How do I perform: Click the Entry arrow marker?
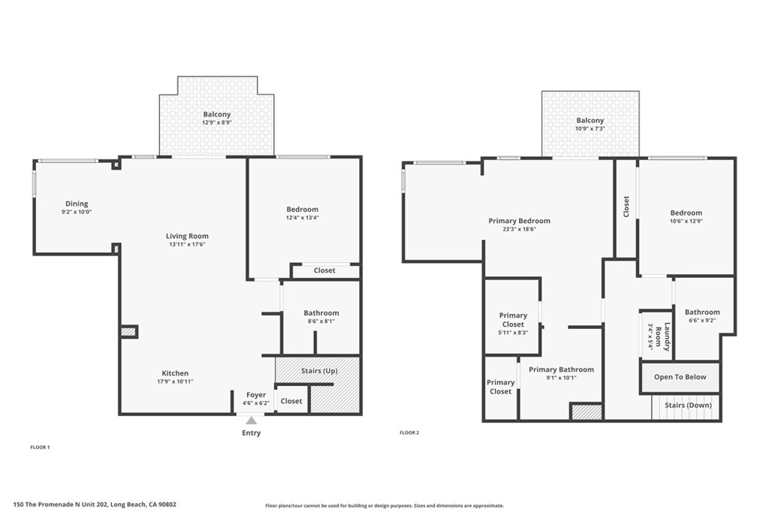[251, 421]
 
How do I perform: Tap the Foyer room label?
[256, 395]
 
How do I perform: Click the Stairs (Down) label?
[688, 406]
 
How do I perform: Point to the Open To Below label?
[680, 377]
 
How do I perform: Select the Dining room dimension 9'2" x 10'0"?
[77, 212]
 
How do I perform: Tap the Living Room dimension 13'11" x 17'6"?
[187, 244]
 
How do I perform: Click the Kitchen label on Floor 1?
[175, 373]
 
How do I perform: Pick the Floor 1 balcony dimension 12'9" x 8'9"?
[216, 122]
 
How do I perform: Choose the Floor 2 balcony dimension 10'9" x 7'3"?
[590, 128]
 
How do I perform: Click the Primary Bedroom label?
[519, 221]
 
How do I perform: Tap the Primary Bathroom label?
[561, 370]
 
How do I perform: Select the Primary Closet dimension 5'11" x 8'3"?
[513, 332]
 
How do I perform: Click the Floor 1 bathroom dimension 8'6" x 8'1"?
[321, 321]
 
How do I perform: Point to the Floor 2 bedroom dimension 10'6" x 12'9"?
[686, 221]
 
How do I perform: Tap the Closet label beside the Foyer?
[291, 401]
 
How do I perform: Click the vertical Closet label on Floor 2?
[626, 207]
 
